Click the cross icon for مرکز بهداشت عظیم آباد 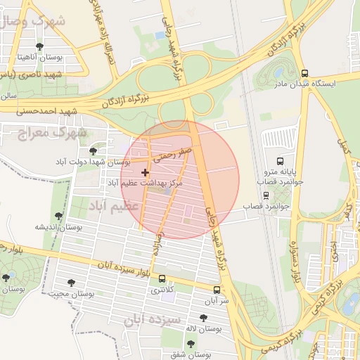click(146, 172)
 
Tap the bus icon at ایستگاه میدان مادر click(304, 73)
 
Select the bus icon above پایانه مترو click(281, 161)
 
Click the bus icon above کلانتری click(163, 278)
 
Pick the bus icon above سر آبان click(216, 290)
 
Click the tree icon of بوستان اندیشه click(58, 216)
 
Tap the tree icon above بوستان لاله click(204, 318)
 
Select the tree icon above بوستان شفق click(191, 344)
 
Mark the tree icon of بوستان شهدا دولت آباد click(93, 150)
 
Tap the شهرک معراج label click(53, 131)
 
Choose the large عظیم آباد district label click(115, 206)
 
